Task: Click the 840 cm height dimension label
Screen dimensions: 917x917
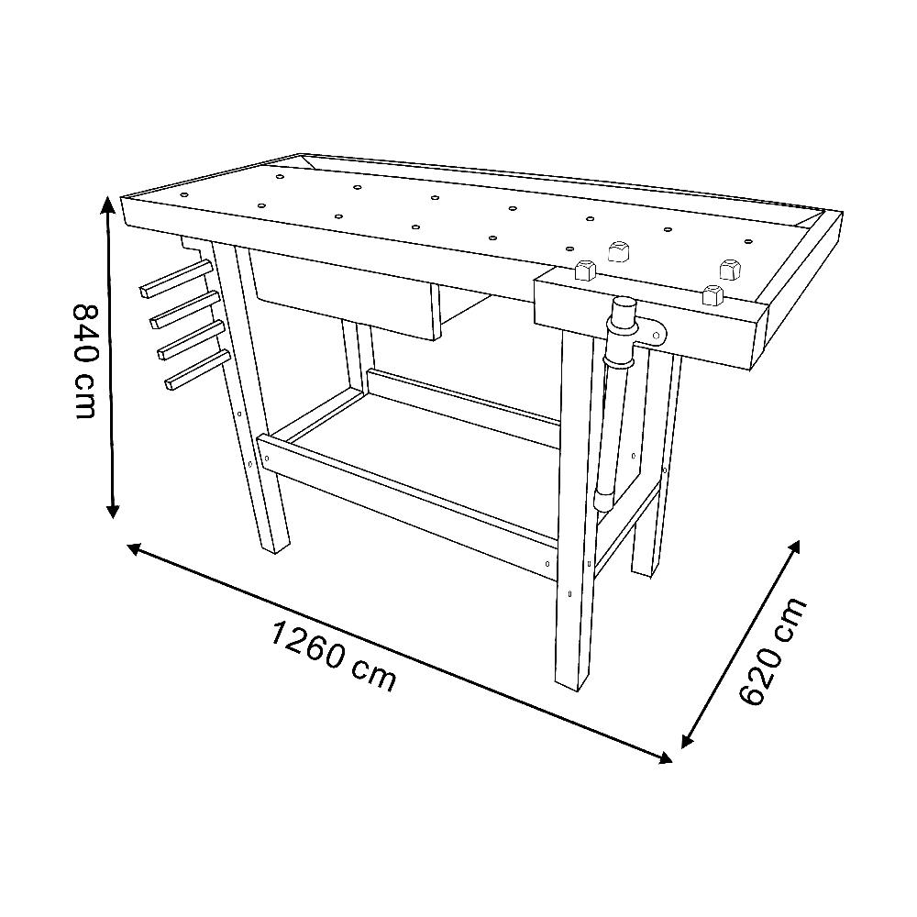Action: click(84, 360)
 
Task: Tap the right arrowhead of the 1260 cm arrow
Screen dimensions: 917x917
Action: click(666, 758)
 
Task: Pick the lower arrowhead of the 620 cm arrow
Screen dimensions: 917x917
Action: click(687, 741)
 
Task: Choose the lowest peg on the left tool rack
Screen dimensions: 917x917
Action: click(196, 370)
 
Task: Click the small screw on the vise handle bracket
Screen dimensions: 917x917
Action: click(657, 335)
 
